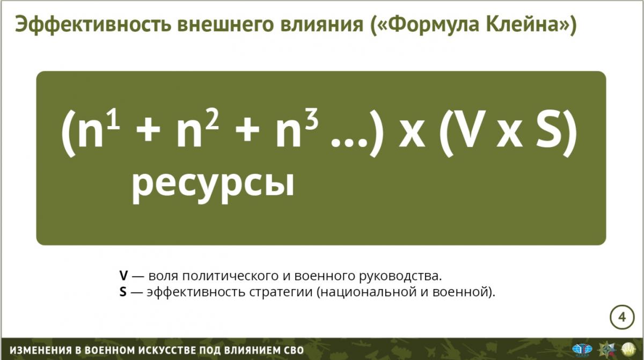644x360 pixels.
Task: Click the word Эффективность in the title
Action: coord(93,25)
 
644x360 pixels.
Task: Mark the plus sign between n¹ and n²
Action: coord(148,131)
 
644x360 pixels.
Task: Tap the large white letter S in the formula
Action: coord(548,129)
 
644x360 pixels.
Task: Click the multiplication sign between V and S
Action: coord(509,134)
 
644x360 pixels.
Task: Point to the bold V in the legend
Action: coord(123,276)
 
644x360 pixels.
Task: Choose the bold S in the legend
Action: coord(123,292)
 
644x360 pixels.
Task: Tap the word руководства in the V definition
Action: coord(400,276)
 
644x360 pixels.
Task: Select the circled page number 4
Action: coord(622,317)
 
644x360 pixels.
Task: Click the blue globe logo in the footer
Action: coord(582,349)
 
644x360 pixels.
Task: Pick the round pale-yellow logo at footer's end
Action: coord(628,349)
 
